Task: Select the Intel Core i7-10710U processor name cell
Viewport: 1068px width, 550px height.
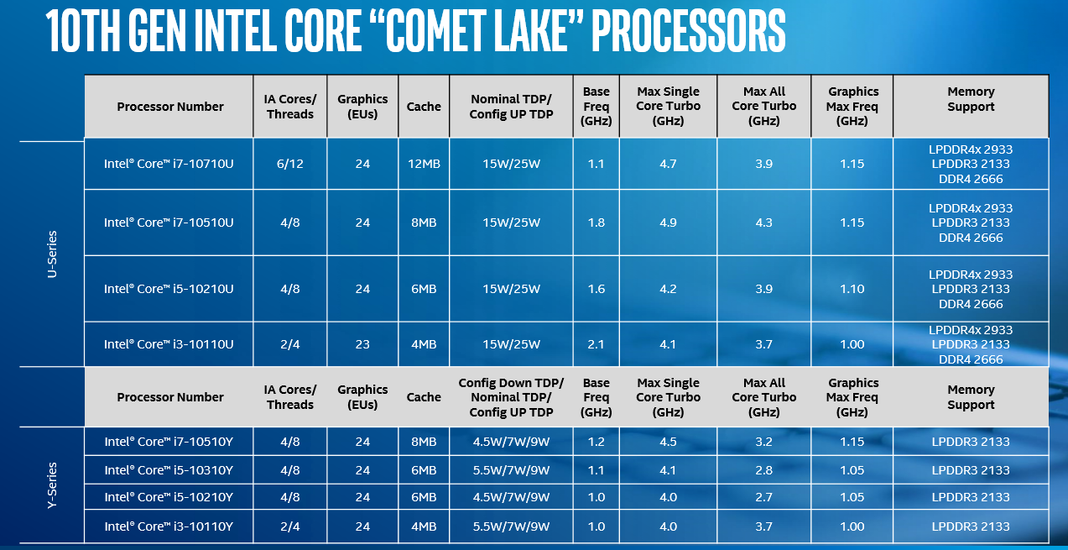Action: [169, 164]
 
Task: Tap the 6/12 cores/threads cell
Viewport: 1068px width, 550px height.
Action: [290, 164]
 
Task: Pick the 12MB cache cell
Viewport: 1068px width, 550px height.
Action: [424, 164]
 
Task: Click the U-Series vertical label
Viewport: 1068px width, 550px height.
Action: [52, 254]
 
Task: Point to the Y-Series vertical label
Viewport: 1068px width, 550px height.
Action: [52, 485]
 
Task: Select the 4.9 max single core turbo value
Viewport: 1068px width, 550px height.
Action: [668, 223]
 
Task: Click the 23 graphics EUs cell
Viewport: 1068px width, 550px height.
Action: [362, 344]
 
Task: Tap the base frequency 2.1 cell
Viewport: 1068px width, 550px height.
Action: [596, 344]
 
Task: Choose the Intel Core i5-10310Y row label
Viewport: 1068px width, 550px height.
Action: [169, 470]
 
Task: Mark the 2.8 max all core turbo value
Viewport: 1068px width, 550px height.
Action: [763, 470]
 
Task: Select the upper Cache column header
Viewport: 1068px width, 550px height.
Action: [424, 107]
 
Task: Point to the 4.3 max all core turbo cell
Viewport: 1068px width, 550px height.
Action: [763, 223]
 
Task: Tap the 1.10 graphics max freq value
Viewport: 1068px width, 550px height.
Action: [852, 289]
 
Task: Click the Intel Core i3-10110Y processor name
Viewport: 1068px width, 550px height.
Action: [169, 526]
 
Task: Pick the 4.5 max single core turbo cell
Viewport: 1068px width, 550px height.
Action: [668, 442]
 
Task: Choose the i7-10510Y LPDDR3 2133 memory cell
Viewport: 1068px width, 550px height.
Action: [971, 442]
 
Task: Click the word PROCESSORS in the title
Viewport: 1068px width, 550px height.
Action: [689, 32]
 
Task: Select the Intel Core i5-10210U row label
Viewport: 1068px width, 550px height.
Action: [169, 289]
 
